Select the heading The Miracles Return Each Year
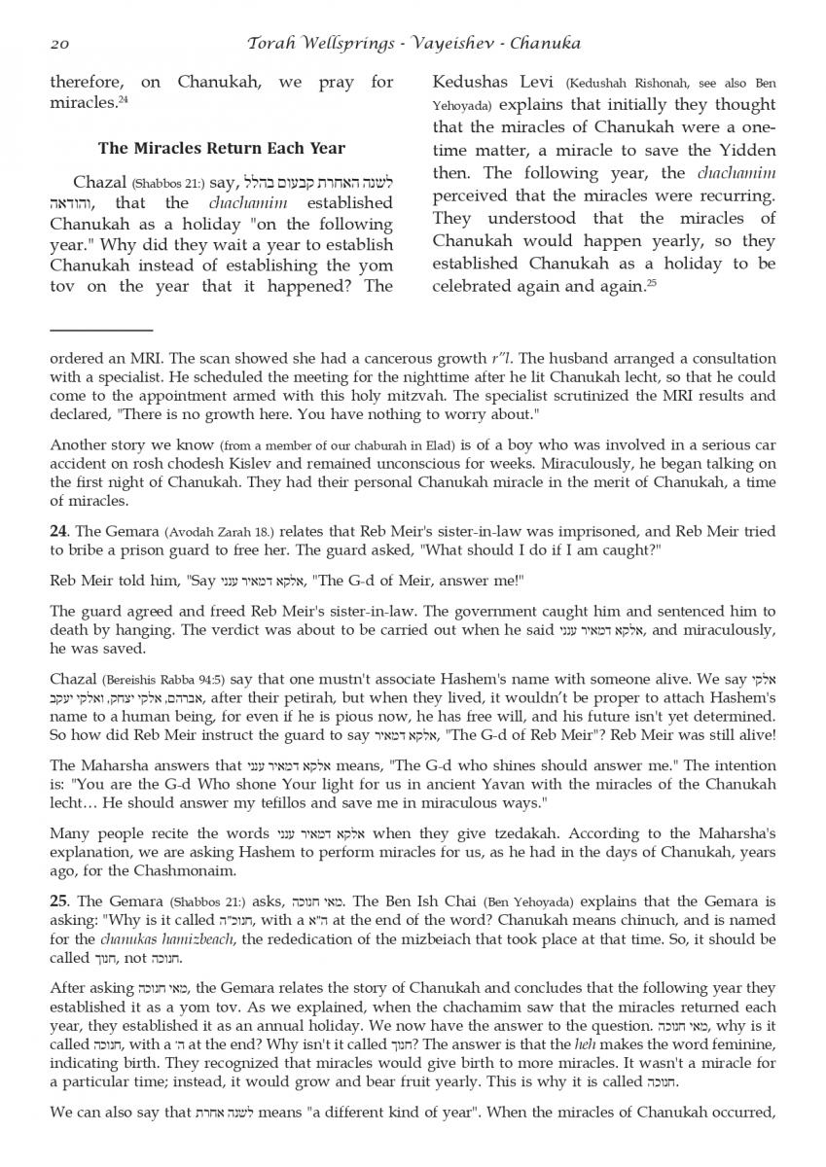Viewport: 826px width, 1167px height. coord(221,149)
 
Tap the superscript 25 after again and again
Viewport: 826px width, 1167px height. coord(643,283)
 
